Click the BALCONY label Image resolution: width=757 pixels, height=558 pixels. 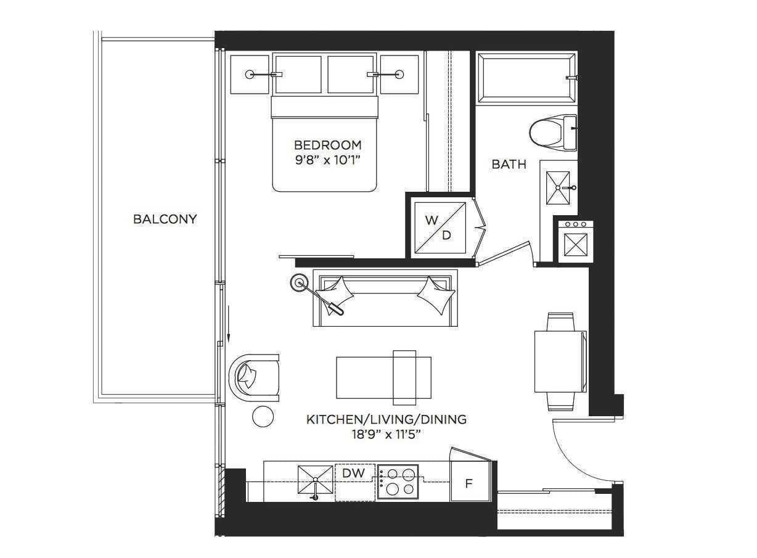[165, 219]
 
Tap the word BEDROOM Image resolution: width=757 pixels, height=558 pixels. [327, 146]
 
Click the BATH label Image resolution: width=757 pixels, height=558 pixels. [509, 165]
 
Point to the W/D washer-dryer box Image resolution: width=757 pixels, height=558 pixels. [439, 227]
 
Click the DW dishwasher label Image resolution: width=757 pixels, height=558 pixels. [354, 474]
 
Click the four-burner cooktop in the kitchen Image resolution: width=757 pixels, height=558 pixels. [398, 482]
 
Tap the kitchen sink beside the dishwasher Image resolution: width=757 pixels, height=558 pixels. [315, 480]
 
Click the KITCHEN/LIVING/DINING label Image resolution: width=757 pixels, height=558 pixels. [387, 420]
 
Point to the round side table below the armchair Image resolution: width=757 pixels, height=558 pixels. [263, 417]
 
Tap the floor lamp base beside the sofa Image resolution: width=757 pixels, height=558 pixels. [300, 282]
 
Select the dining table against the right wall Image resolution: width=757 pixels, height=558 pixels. [559, 361]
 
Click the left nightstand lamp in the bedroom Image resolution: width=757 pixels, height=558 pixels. [250, 75]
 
